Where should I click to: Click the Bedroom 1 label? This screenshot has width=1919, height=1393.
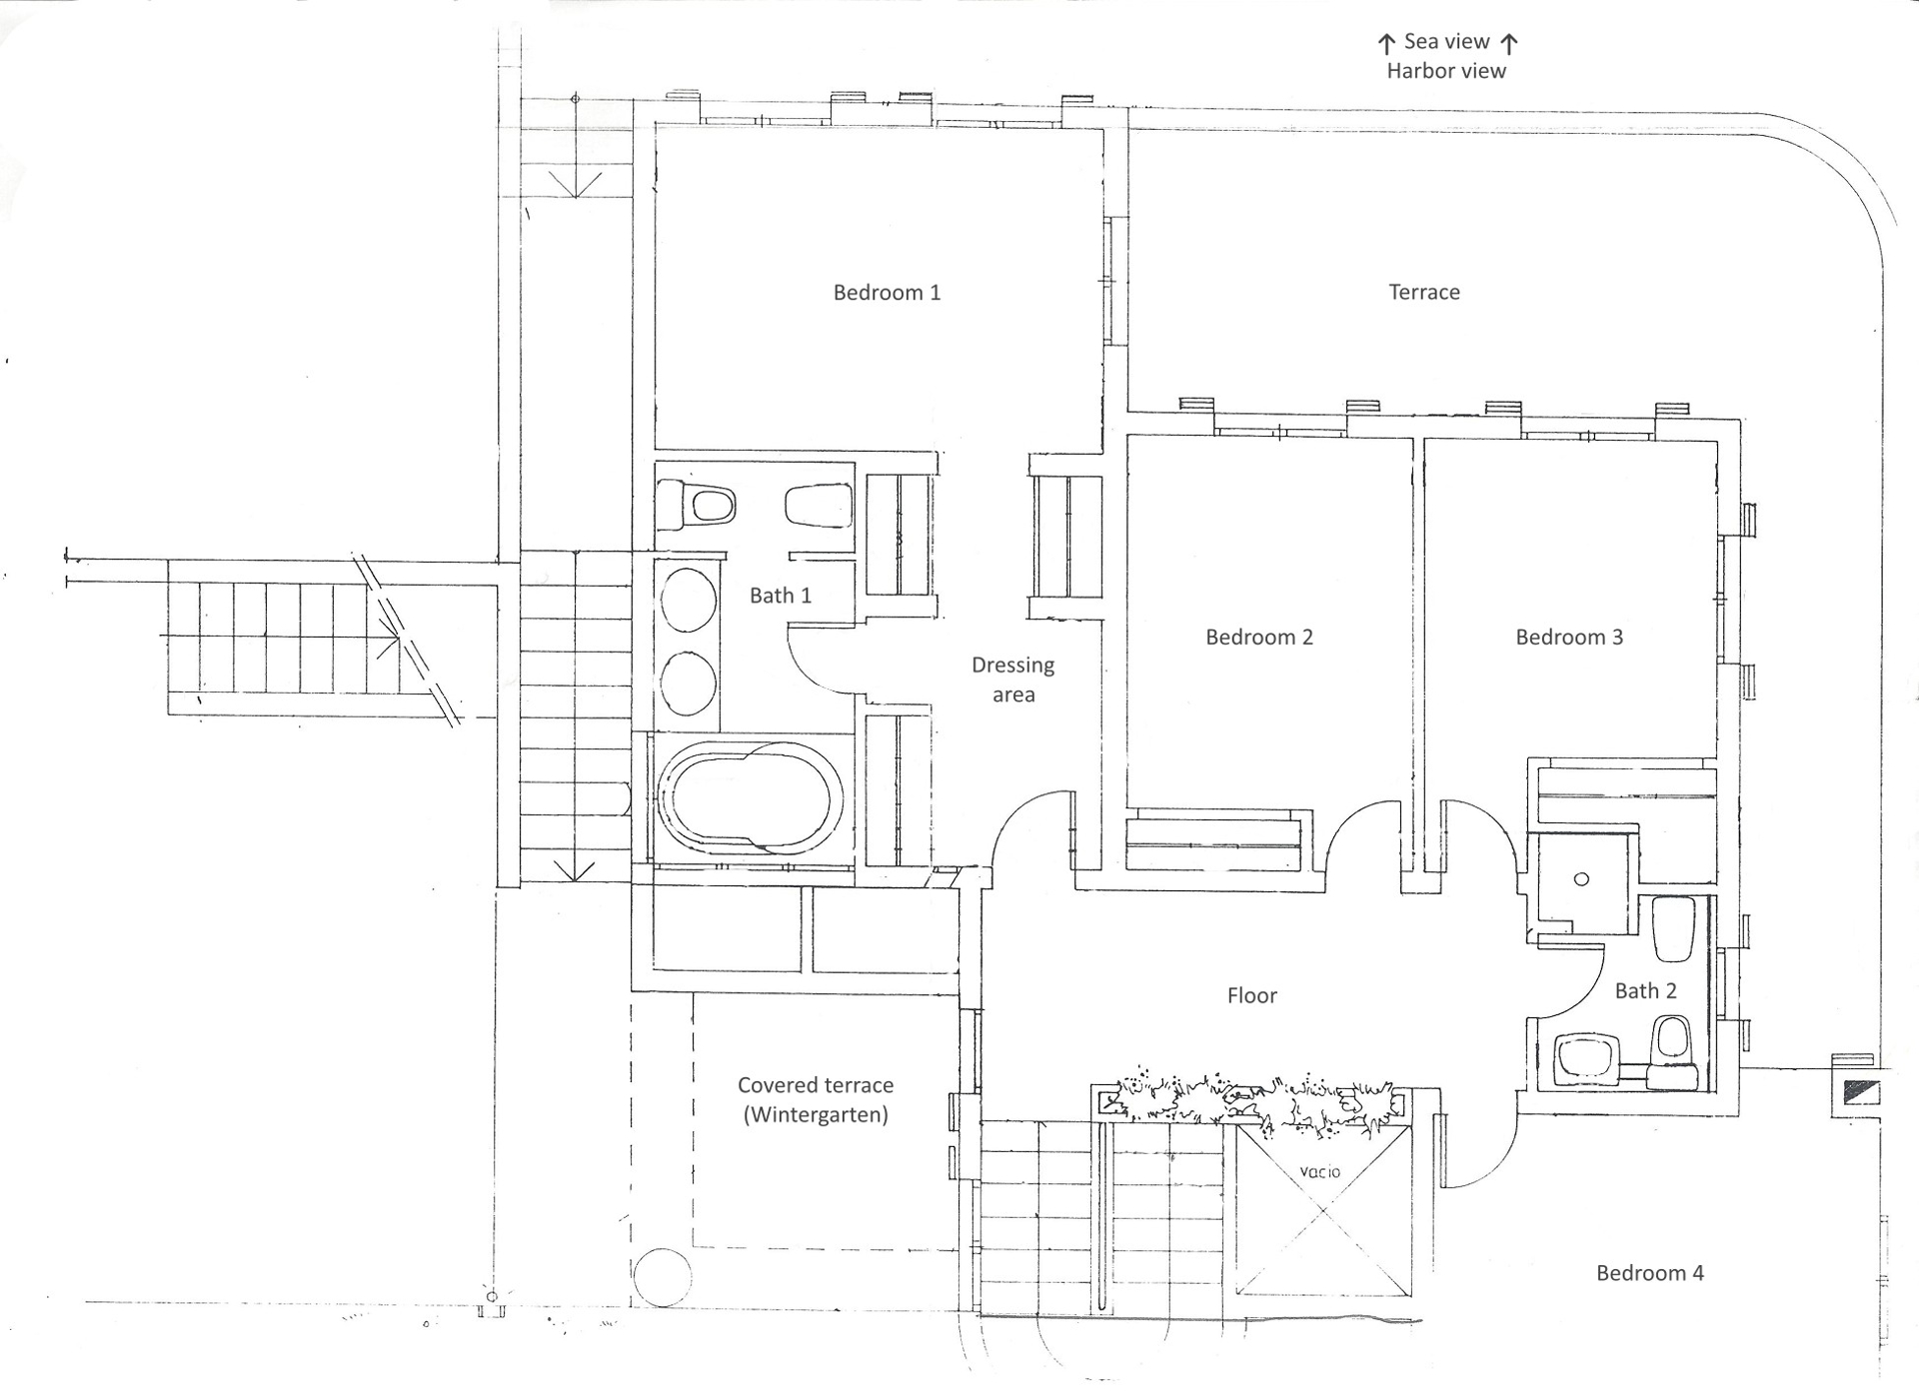pyautogui.click(x=887, y=292)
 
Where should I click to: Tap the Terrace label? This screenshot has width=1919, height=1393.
pyautogui.click(x=1424, y=292)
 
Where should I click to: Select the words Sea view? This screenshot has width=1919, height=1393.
pyautogui.click(x=1446, y=41)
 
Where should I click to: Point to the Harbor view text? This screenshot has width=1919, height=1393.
pyautogui.click(x=1446, y=71)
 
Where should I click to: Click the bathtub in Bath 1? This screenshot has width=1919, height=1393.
pyautogui.click(x=749, y=797)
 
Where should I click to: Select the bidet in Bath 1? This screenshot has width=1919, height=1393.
pyautogui.click(x=819, y=506)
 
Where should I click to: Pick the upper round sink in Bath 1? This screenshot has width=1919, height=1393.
pyautogui.click(x=689, y=601)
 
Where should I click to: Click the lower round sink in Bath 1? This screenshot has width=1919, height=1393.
pyautogui.click(x=689, y=683)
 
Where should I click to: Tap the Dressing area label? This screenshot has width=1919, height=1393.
pyautogui.click(x=1012, y=680)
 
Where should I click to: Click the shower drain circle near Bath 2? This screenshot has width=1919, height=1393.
pyautogui.click(x=1581, y=879)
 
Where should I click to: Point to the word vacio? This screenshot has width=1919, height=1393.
pyautogui.click(x=1320, y=1171)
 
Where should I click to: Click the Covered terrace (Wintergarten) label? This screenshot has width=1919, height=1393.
pyautogui.click(x=816, y=1099)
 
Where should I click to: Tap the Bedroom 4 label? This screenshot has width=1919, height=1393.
pyautogui.click(x=1649, y=1273)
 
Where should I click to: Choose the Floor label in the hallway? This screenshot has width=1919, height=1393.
pyautogui.click(x=1251, y=995)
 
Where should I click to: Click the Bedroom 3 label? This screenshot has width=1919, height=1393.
pyautogui.click(x=1569, y=637)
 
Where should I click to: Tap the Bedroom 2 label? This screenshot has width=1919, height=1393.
pyautogui.click(x=1259, y=637)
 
